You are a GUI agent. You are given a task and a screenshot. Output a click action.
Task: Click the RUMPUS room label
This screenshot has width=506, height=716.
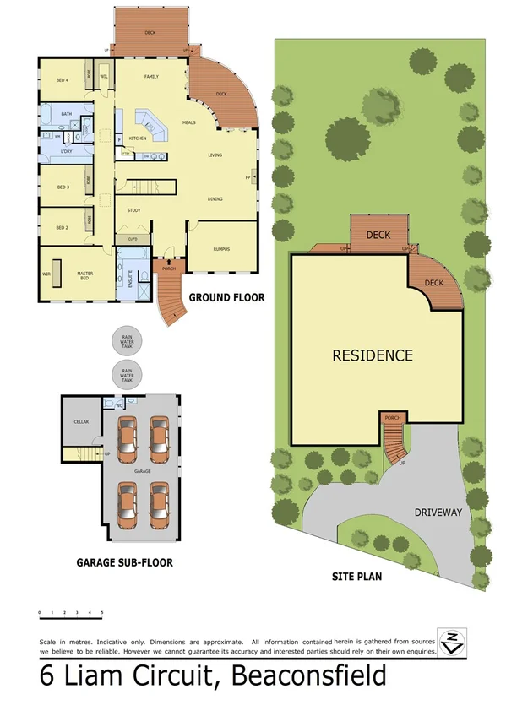(x=221, y=249)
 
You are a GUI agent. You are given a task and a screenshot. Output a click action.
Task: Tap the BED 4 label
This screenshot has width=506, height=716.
(x=62, y=81)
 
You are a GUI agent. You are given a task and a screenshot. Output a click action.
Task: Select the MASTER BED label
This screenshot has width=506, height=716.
(x=84, y=276)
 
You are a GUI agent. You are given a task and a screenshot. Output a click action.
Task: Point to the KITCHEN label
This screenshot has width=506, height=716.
(x=138, y=138)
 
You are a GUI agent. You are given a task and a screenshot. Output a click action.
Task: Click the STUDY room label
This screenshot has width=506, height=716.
(x=133, y=210)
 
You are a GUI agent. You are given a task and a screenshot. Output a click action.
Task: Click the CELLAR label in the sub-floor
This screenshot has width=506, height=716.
(x=81, y=421)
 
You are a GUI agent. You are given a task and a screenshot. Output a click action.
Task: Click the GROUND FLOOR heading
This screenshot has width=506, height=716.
(x=226, y=298)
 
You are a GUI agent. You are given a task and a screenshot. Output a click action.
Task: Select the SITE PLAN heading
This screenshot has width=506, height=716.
(x=356, y=578)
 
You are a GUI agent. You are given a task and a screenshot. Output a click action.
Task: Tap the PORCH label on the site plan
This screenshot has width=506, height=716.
(x=393, y=418)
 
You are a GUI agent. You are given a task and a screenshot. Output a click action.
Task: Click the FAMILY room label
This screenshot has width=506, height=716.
(x=151, y=76)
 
